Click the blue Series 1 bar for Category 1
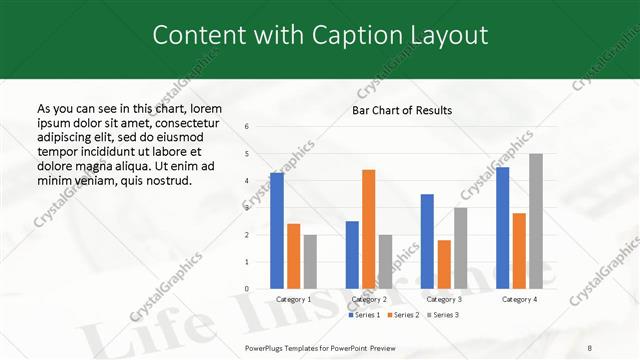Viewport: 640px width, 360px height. [x=277, y=231]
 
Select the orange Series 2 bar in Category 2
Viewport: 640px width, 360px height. [x=368, y=229]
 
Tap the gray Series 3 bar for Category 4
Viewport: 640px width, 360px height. [x=536, y=221]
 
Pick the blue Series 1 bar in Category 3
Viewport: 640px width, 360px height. [x=427, y=241]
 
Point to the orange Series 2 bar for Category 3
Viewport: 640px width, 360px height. [x=444, y=264]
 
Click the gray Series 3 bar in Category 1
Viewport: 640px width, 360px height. [x=310, y=262]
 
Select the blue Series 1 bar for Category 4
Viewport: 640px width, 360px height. [x=502, y=228]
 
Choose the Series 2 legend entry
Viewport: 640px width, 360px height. [x=403, y=315]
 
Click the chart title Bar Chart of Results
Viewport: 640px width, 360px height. [x=402, y=110]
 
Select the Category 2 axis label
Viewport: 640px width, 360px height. [x=369, y=299]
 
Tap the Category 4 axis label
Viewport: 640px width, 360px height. [x=519, y=299]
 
